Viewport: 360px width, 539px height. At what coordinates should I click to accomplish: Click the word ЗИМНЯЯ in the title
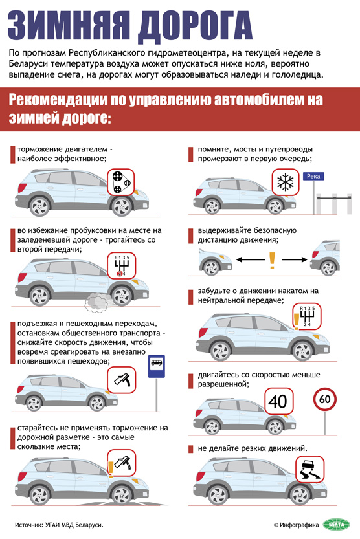tap(69, 27)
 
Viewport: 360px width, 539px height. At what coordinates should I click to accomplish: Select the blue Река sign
tap(313, 177)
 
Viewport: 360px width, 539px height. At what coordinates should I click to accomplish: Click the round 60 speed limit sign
tap(324, 399)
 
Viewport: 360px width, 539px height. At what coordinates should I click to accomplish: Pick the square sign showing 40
tap(278, 401)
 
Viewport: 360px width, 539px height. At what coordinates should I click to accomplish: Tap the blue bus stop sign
tap(157, 366)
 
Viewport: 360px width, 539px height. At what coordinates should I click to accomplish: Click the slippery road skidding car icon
tap(309, 470)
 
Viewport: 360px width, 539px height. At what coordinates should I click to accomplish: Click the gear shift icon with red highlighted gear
tap(122, 266)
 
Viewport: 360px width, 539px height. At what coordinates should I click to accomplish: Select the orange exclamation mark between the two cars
tap(272, 260)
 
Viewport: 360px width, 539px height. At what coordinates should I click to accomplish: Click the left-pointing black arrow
tap(251, 260)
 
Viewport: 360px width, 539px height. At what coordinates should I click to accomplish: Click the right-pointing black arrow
tap(295, 260)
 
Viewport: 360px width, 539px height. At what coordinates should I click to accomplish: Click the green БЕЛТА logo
tap(336, 524)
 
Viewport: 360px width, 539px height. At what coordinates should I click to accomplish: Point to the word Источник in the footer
tap(29, 525)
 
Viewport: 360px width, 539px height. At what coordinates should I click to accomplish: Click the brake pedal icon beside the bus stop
tap(122, 380)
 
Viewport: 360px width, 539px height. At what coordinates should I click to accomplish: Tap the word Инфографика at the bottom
tap(299, 525)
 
